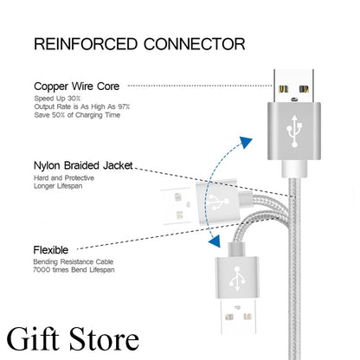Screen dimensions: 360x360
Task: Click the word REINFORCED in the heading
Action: point(82,43)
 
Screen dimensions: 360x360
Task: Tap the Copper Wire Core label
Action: point(75,86)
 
